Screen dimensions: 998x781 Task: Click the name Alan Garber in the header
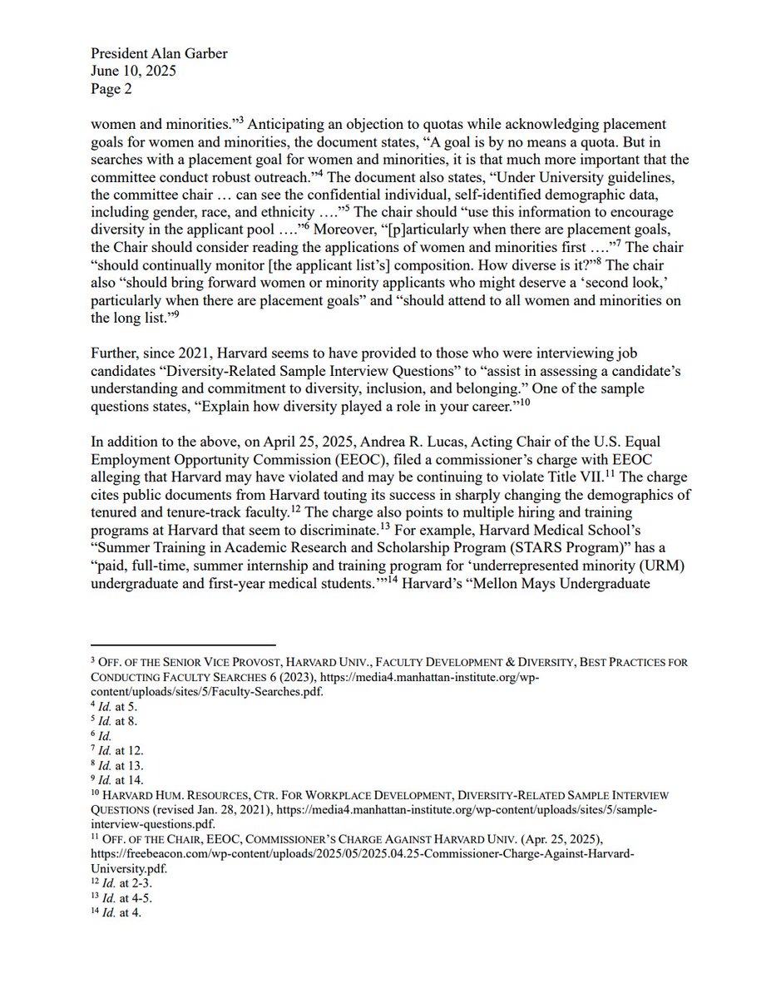click(191, 54)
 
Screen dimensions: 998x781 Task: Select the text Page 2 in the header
click(111, 89)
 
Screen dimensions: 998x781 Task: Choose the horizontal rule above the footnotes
click(182, 645)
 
